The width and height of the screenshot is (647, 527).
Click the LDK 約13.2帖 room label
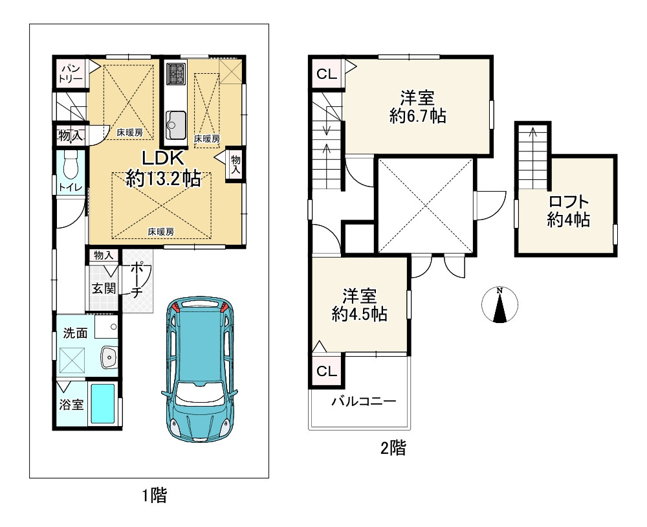(x=163, y=169)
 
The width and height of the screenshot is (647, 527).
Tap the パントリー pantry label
(x=71, y=73)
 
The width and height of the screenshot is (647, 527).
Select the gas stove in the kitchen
(x=176, y=73)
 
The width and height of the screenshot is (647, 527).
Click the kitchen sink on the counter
(x=176, y=125)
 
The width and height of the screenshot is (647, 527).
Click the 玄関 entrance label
(x=104, y=288)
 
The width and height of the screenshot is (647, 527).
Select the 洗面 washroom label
(x=75, y=333)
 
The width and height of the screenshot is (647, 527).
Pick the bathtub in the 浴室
(x=102, y=403)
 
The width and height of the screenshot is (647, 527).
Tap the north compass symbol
(x=499, y=304)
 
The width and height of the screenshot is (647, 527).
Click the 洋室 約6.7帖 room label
(x=417, y=107)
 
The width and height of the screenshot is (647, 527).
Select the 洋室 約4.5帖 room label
(x=359, y=305)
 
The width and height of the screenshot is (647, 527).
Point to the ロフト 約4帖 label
(x=568, y=210)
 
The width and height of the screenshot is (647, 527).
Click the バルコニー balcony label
(x=364, y=401)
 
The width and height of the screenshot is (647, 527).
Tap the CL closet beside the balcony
(x=327, y=371)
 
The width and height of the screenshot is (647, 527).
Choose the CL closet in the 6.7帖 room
(x=327, y=74)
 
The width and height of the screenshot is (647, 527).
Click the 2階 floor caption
(x=393, y=448)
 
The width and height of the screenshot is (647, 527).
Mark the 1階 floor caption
(x=155, y=496)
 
